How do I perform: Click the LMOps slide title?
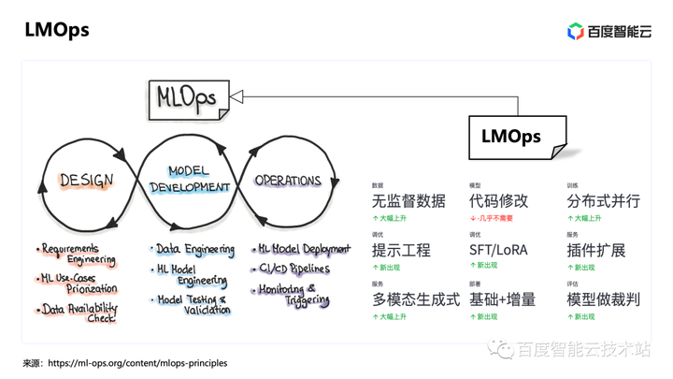(57, 30)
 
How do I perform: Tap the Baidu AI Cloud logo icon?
(576, 32)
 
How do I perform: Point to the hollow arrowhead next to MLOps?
(236, 95)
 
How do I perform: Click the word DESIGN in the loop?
(86, 181)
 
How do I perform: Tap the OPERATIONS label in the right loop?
(288, 181)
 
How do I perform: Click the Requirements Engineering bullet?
(79, 255)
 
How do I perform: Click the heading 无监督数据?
(408, 201)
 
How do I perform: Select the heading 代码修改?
(498, 201)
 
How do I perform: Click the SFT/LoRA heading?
(498, 251)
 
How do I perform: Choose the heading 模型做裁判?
(603, 299)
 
